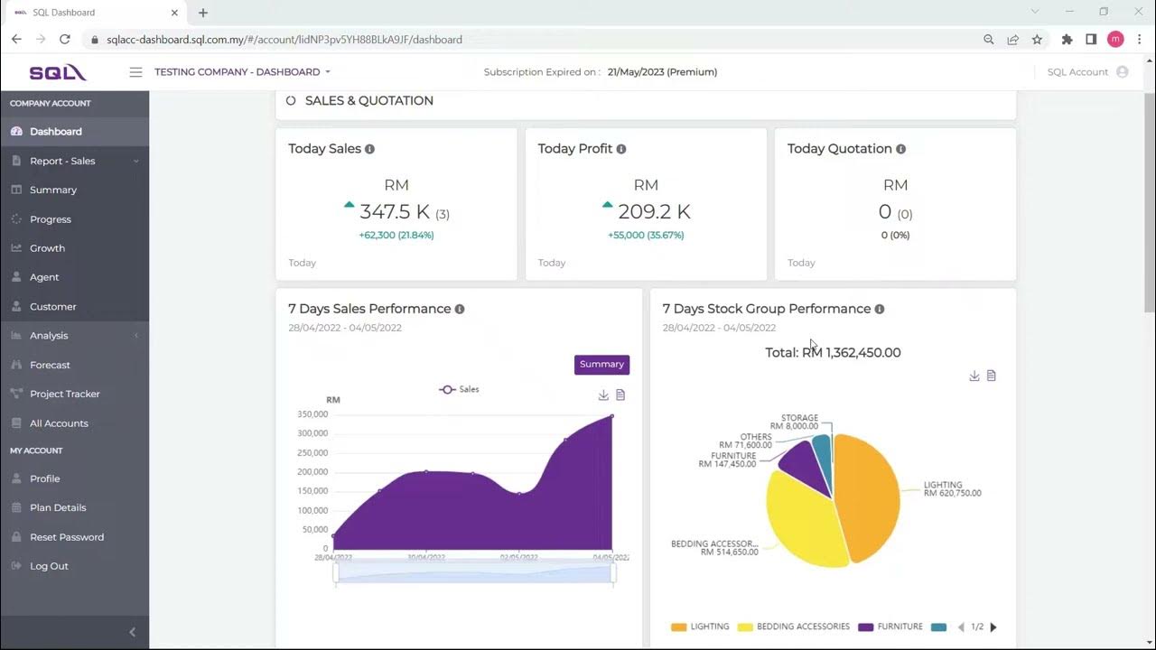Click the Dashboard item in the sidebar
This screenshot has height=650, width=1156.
[x=55, y=132]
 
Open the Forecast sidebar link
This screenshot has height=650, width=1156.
[x=50, y=365]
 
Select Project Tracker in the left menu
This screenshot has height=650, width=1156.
[x=64, y=394]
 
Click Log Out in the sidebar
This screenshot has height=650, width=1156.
[x=49, y=566]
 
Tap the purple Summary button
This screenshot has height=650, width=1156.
[x=601, y=365]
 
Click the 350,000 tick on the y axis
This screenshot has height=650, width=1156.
[x=312, y=414]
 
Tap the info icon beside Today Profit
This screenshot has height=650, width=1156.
[x=621, y=149]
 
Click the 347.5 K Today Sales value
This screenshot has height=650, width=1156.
[x=395, y=212]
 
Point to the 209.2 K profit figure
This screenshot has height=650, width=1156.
[x=654, y=212]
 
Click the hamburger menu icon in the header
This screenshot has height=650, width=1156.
[x=135, y=72]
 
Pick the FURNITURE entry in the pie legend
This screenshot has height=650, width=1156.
[x=900, y=627]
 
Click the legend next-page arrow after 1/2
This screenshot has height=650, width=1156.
[x=993, y=627]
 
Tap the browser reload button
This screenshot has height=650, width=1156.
[x=65, y=40]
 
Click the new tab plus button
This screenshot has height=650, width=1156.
[x=203, y=13]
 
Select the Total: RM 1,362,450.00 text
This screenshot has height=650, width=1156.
[x=833, y=353]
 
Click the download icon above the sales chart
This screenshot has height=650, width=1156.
[x=603, y=395]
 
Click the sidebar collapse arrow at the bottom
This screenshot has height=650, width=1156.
[x=133, y=632]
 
